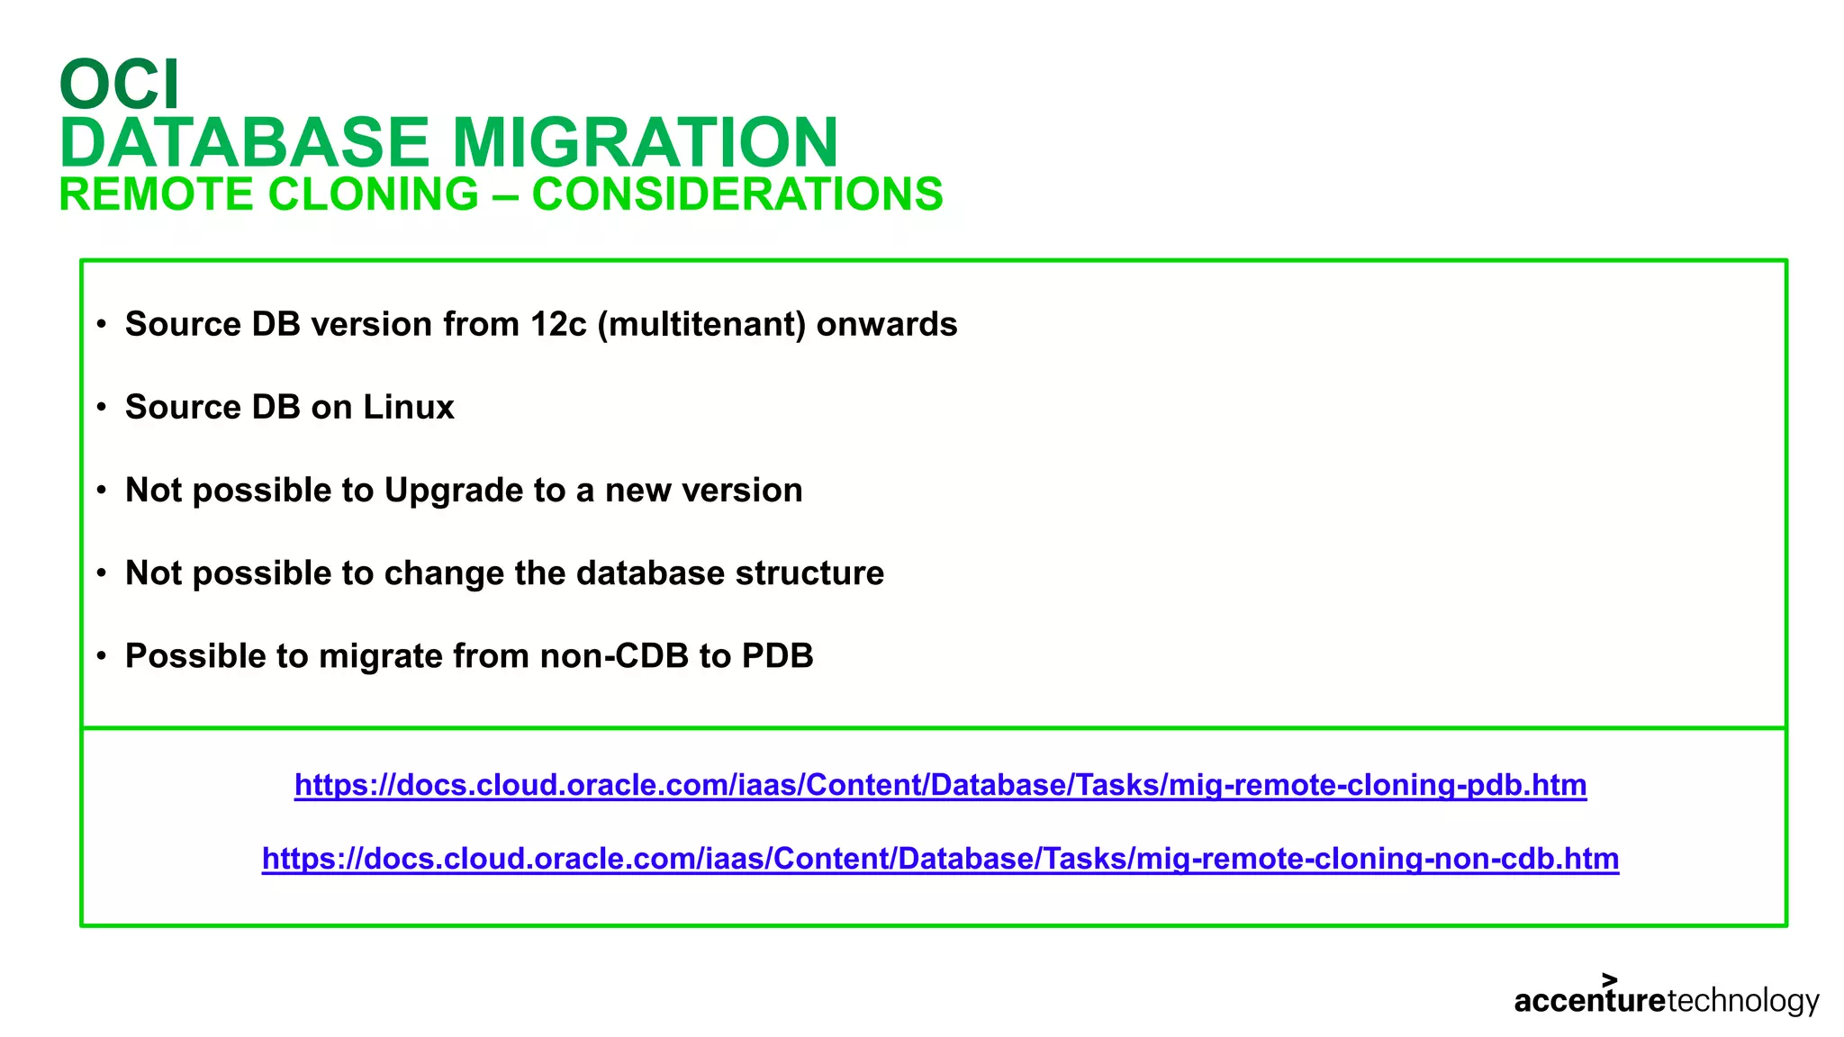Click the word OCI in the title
pyautogui.click(x=119, y=85)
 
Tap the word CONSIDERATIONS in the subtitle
pyautogui.click(x=737, y=194)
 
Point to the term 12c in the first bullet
pyautogui.click(x=558, y=324)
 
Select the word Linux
pyautogui.click(x=409, y=407)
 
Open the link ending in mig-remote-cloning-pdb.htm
pyautogui.click(x=940, y=785)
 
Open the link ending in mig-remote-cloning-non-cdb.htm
pyautogui.click(x=940, y=859)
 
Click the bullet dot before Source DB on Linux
pyautogui.click(x=102, y=408)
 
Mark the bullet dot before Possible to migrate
pyautogui.click(x=102, y=656)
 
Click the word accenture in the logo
pyautogui.click(x=1589, y=1001)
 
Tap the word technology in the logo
pyautogui.click(x=1743, y=1001)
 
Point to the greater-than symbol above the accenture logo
pyautogui.click(x=1610, y=979)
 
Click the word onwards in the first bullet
pyautogui.click(x=887, y=324)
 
